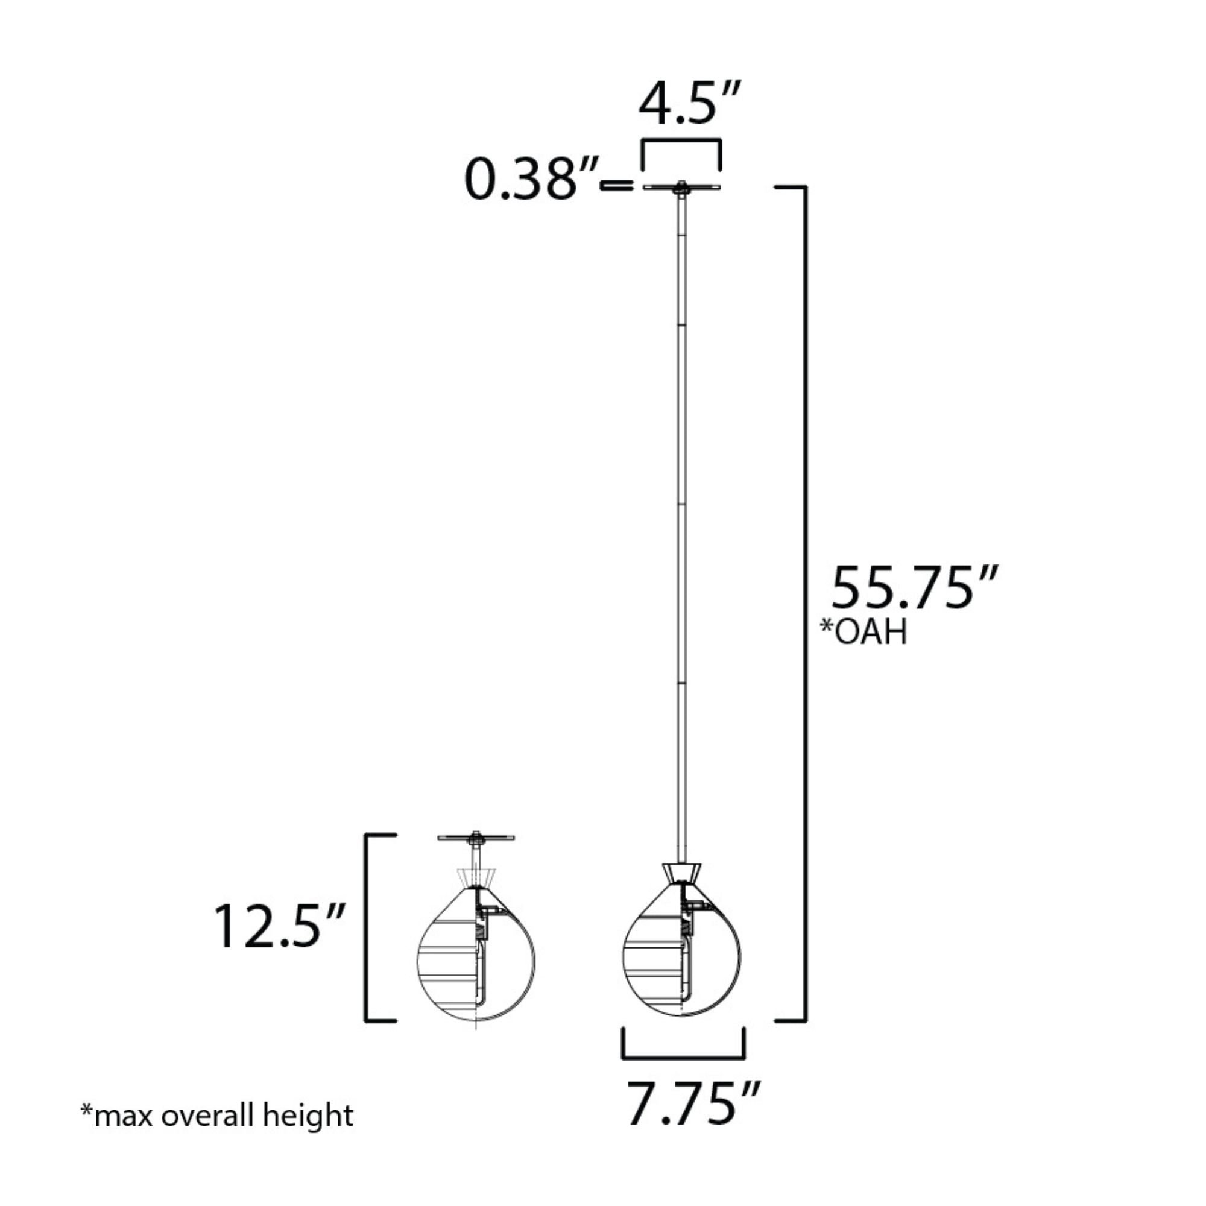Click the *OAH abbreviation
tap(863, 632)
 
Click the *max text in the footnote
tap(118, 1116)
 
